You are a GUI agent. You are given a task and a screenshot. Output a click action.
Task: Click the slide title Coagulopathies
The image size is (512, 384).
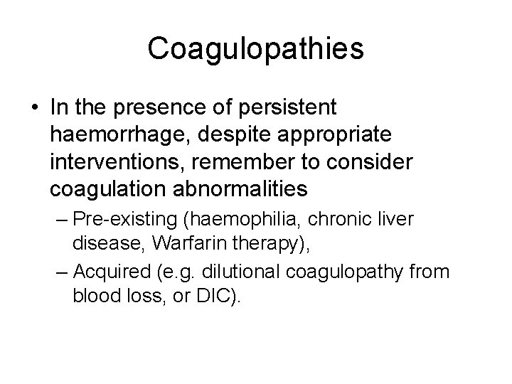pyautogui.click(x=256, y=49)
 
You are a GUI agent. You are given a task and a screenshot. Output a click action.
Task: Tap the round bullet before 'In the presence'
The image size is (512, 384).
pyautogui.click(x=35, y=108)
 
